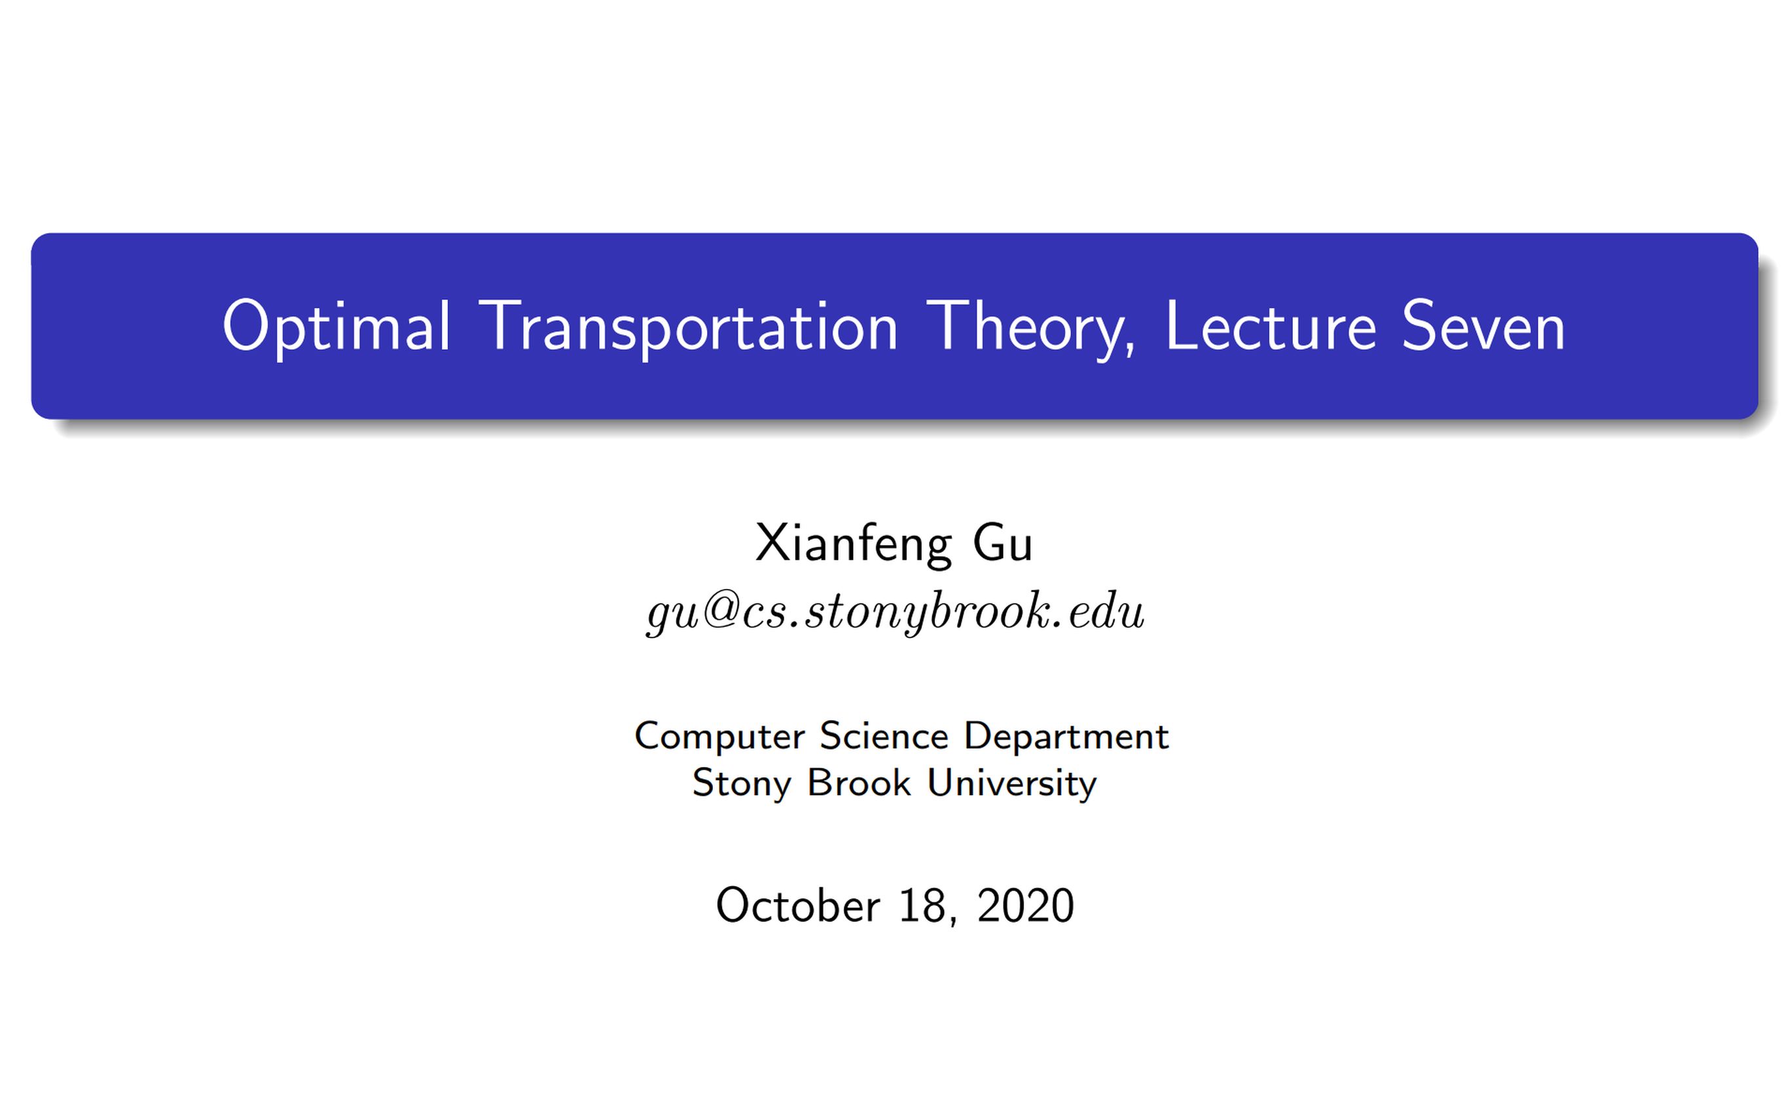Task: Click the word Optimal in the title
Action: pos(336,327)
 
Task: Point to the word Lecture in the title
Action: pos(1270,327)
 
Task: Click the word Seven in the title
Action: pos(1483,327)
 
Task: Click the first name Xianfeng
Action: pos(852,544)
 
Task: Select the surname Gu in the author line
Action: pos(1002,544)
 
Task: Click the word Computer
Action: pos(719,737)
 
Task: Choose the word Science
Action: pos(884,736)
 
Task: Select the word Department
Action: pos(1066,737)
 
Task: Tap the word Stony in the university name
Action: pos(741,784)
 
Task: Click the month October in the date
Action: pos(798,905)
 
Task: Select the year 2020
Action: pos(1025,905)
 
